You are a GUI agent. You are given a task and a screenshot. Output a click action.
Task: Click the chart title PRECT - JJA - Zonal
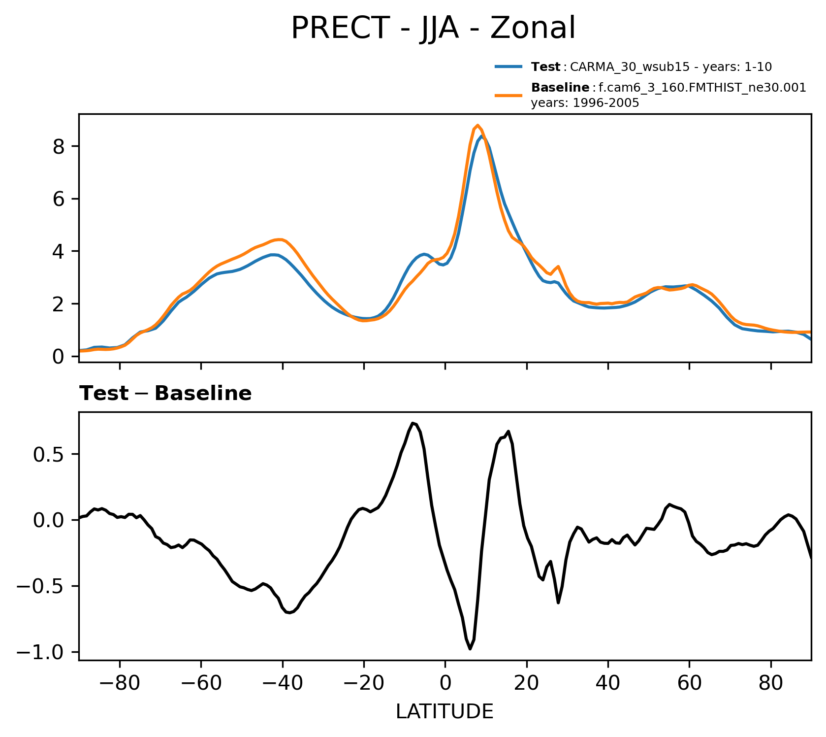(433, 29)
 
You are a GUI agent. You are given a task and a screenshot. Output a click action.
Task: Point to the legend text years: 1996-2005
(585, 103)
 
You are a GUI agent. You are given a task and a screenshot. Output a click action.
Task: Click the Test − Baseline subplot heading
(165, 394)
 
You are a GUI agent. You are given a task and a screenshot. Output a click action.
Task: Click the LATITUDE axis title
(445, 712)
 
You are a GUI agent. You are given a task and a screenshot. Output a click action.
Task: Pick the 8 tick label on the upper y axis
(59, 147)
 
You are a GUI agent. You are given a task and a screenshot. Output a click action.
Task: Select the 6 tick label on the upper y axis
(59, 199)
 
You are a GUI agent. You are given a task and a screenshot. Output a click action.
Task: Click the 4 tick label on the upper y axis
(59, 251)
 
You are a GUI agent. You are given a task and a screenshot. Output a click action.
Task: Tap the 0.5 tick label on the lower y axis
(48, 455)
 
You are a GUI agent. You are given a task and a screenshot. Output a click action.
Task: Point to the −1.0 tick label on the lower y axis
(41, 653)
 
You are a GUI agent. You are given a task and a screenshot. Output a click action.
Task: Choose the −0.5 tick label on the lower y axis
(41, 587)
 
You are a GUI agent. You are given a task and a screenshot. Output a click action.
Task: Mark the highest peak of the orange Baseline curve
(477, 125)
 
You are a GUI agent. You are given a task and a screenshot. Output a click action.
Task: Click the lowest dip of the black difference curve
(470, 649)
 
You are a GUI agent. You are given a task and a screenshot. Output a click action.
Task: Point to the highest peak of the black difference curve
(413, 423)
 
